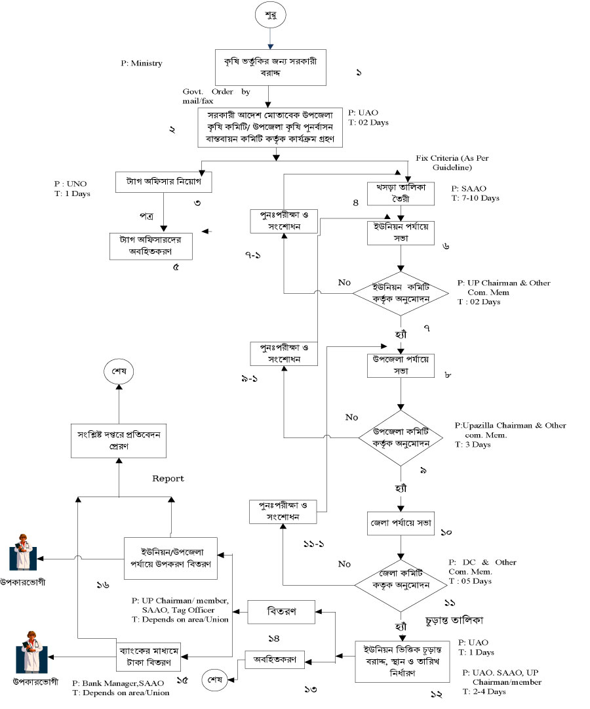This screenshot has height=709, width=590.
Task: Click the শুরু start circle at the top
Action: pos(270,15)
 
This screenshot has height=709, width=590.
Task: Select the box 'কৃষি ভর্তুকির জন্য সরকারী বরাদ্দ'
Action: pos(270,68)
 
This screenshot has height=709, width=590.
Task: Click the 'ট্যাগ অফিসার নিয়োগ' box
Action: pos(163,180)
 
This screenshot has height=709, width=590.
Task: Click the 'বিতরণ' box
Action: pos(281,611)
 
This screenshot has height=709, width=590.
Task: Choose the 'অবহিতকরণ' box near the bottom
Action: pos(275,659)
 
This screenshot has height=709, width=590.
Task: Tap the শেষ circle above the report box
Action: pos(119,371)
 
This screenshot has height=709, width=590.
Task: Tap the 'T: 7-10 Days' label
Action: pos(475,197)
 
